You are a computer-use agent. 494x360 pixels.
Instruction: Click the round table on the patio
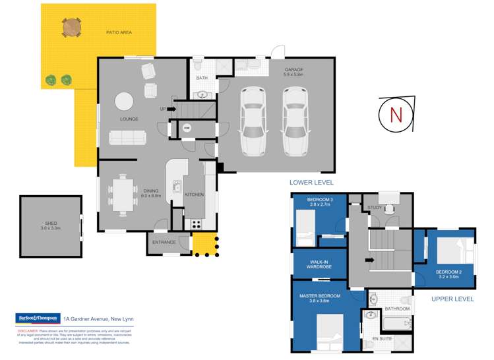coord(73,26)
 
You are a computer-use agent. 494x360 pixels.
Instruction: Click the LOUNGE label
coord(129,119)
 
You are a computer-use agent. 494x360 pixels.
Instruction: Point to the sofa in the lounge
coord(128,137)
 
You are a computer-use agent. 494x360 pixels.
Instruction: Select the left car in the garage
coord(254,120)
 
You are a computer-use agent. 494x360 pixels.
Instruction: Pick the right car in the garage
coord(295,120)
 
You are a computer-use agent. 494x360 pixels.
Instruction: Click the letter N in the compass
coord(396,114)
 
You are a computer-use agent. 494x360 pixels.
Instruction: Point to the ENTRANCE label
coord(164,242)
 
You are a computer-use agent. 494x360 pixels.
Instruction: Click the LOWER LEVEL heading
coord(311,182)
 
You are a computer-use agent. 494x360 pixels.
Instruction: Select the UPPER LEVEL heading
coord(452,299)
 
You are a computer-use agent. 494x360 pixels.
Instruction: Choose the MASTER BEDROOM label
coord(320,296)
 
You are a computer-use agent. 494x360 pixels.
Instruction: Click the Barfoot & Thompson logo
coord(38,318)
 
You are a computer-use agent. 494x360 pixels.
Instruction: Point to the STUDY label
coord(375,208)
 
